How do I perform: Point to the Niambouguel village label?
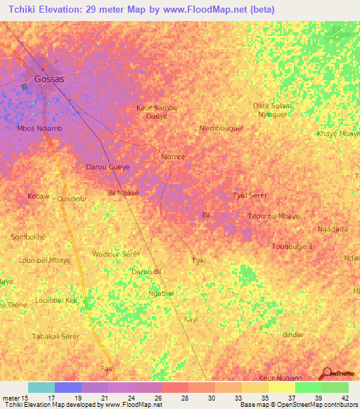click(x=221, y=129)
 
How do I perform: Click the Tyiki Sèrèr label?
click(x=250, y=195)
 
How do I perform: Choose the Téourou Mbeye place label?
click(x=274, y=216)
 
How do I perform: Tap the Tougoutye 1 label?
click(x=292, y=247)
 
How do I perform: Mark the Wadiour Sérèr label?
click(x=116, y=253)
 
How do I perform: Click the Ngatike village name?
click(x=161, y=293)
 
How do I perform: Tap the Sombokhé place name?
click(x=28, y=238)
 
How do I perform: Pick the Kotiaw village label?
click(x=38, y=195)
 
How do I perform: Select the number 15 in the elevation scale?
click(x=25, y=398)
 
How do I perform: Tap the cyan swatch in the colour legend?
click(x=41, y=387)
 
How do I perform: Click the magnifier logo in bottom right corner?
click(x=326, y=373)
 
